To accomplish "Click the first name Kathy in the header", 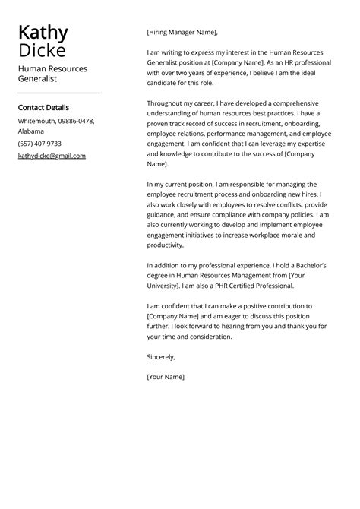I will pos(43,33).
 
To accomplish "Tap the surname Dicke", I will pos(42,51).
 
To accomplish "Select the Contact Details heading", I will pos(43,108).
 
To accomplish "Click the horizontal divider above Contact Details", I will pos(59,93).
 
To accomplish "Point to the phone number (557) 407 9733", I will pos(39,143).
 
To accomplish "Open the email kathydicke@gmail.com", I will pos(52,156).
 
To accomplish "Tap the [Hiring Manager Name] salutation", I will pos(182,32).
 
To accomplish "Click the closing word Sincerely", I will pos(161,356).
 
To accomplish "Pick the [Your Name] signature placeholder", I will pos(166,376).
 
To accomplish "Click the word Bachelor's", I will pos(310,265).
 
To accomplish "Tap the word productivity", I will pos(166,245).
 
